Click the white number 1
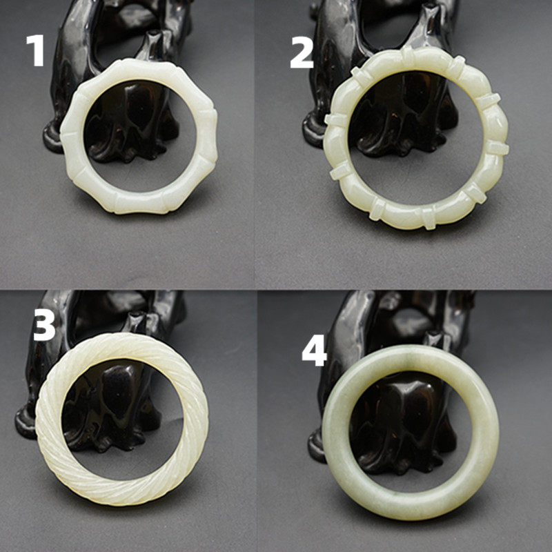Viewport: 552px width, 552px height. (36, 50)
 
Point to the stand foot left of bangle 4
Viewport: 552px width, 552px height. (316, 447)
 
